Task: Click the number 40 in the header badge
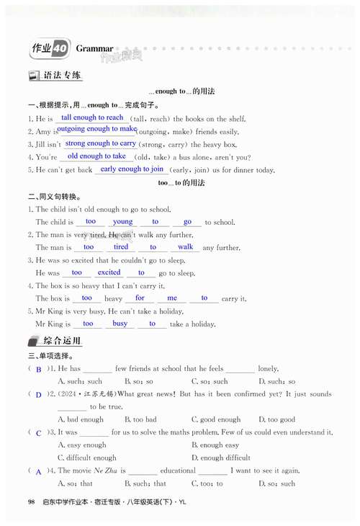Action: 60,48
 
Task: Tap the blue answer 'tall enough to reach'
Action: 92,117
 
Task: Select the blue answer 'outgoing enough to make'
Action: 96,130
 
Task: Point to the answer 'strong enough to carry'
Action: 100,143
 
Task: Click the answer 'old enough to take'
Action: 96,156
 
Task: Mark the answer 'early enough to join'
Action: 132,169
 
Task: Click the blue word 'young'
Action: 122,222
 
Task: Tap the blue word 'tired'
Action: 121,247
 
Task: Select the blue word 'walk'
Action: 185,247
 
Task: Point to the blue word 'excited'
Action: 109,272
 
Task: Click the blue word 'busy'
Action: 120,324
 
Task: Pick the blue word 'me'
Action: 171,298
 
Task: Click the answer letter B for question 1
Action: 38,369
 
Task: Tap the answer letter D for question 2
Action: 38,394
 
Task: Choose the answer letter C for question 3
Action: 38,432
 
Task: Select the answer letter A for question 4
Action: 38,471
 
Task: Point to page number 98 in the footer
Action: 31,502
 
